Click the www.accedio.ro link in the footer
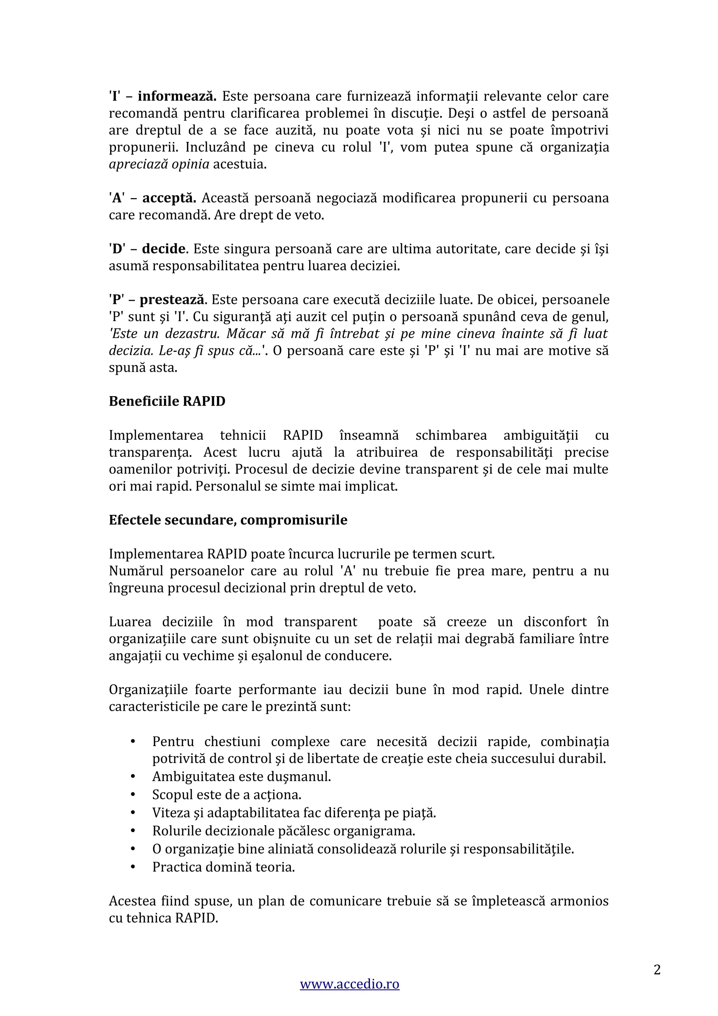coord(350,996)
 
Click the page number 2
coord(657,969)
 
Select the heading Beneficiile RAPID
coord(167,401)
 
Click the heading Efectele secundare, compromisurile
coord(228,520)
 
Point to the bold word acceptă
coord(169,198)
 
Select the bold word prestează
coord(172,300)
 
